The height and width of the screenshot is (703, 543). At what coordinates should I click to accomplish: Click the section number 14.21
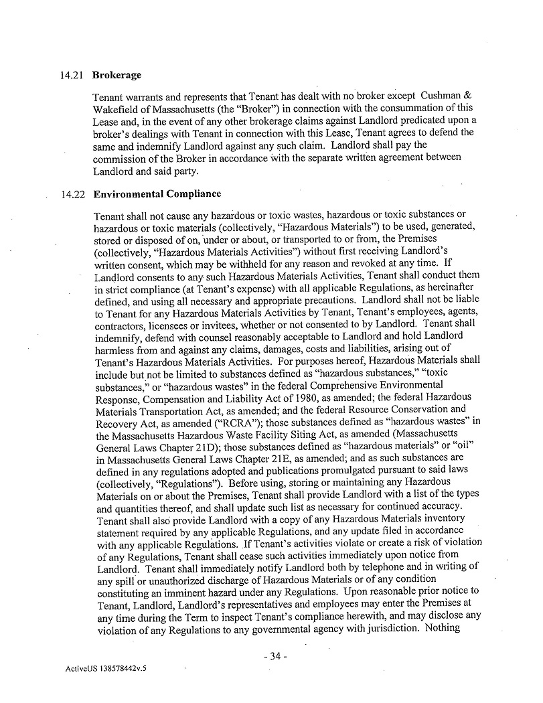point(70,75)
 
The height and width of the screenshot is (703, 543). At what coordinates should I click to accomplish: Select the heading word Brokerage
point(117,75)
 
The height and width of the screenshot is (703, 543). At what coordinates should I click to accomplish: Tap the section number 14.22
point(70,195)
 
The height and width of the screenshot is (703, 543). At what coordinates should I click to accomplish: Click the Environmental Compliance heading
point(157,195)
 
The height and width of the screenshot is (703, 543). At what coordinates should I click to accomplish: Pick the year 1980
point(284,397)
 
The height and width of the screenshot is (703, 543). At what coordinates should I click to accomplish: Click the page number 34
point(275,656)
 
